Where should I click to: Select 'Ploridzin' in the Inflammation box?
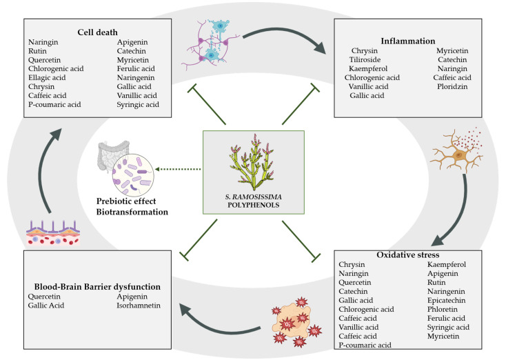[x=452, y=86]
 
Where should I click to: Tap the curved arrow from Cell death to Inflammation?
[x=276, y=35]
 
